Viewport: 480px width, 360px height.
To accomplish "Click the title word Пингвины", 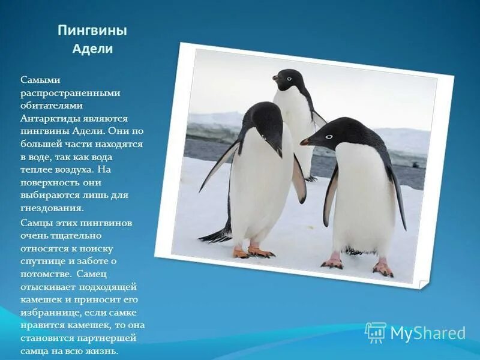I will click(x=92, y=31).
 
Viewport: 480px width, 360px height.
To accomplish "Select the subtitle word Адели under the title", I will click(x=92, y=49).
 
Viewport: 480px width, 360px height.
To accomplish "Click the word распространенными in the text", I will click(x=70, y=92).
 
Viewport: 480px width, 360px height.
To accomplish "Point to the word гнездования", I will click(x=52, y=208).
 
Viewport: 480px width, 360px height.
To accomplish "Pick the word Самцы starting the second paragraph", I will click(x=35, y=223).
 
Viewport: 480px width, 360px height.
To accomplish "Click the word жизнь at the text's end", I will click(x=103, y=352).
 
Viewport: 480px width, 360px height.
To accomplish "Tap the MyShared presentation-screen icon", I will click(x=376, y=332).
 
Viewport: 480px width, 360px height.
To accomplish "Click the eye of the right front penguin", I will click(x=328, y=137).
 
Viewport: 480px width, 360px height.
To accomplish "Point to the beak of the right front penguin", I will click(x=306, y=142).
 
